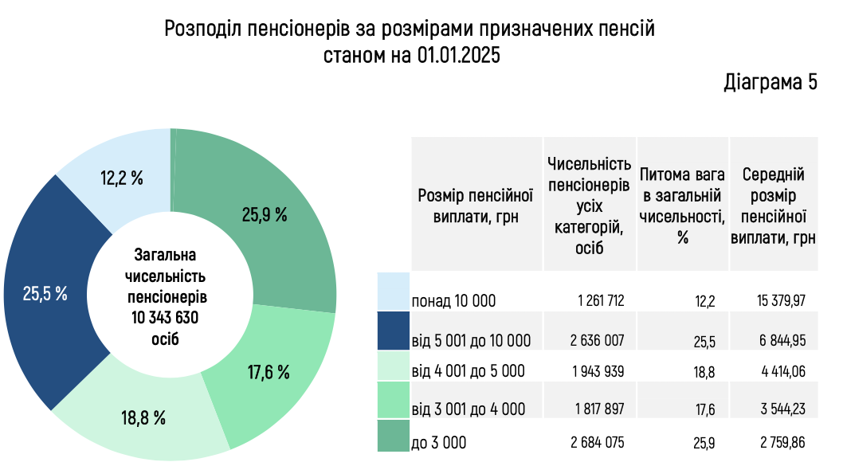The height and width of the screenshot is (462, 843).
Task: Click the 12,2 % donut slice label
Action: (122, 178)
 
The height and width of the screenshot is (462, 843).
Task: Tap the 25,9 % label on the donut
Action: (264, 214)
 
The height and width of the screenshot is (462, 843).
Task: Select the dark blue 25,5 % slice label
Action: (45, 293)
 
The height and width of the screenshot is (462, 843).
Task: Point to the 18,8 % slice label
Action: (143, 417)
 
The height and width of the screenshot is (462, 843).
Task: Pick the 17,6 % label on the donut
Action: (268, 371)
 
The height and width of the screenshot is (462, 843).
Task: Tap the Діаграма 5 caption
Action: (770, 82)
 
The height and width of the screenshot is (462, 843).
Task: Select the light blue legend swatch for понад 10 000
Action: (393, 292)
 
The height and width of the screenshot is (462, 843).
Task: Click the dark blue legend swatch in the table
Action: (393, 331)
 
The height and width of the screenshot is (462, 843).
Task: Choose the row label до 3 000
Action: (438, 442)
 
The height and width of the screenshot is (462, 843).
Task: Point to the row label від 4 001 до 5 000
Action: (468, 371)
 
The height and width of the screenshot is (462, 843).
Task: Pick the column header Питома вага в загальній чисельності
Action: (682, 205)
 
